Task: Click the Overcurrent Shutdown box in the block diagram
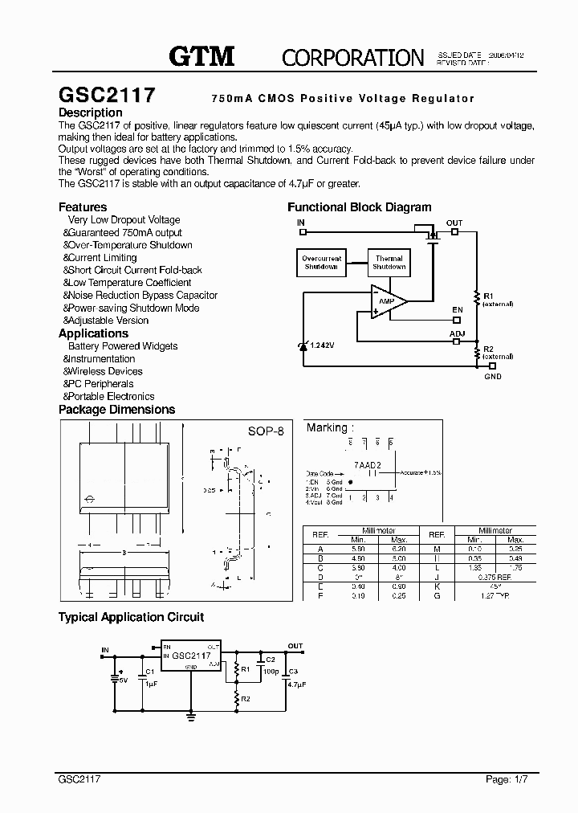(x=321, y=263)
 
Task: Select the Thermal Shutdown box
(x=389, y=263)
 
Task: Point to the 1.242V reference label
(x=323, y=345)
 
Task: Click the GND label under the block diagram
(x=492, y=376)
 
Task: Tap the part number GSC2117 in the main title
(x=107, y=95)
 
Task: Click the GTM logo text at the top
(x=201, y=55)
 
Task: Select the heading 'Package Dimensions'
(x=116, y=410)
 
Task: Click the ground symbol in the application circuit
(x=192, y=714)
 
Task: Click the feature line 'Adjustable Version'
(x=106, y=321)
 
